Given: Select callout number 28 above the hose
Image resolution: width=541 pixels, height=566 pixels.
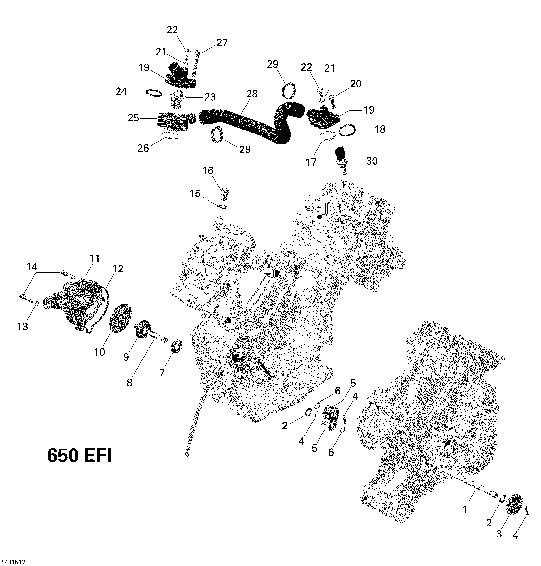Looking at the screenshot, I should click(252, 94).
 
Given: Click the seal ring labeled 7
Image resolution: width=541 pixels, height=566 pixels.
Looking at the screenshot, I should click(177, 346).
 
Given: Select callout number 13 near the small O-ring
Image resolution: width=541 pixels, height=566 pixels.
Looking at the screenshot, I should click(22, 326).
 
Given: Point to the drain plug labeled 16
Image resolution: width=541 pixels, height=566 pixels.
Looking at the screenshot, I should click(224, 194).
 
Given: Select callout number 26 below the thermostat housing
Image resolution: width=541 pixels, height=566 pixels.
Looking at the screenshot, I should click(143, 148).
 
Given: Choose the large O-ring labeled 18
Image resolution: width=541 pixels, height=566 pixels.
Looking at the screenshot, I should click(347, 130).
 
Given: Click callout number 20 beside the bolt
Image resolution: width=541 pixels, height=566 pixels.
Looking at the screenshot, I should click(356, 84).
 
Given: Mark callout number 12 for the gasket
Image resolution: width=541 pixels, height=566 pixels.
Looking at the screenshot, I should click(118, 269).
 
